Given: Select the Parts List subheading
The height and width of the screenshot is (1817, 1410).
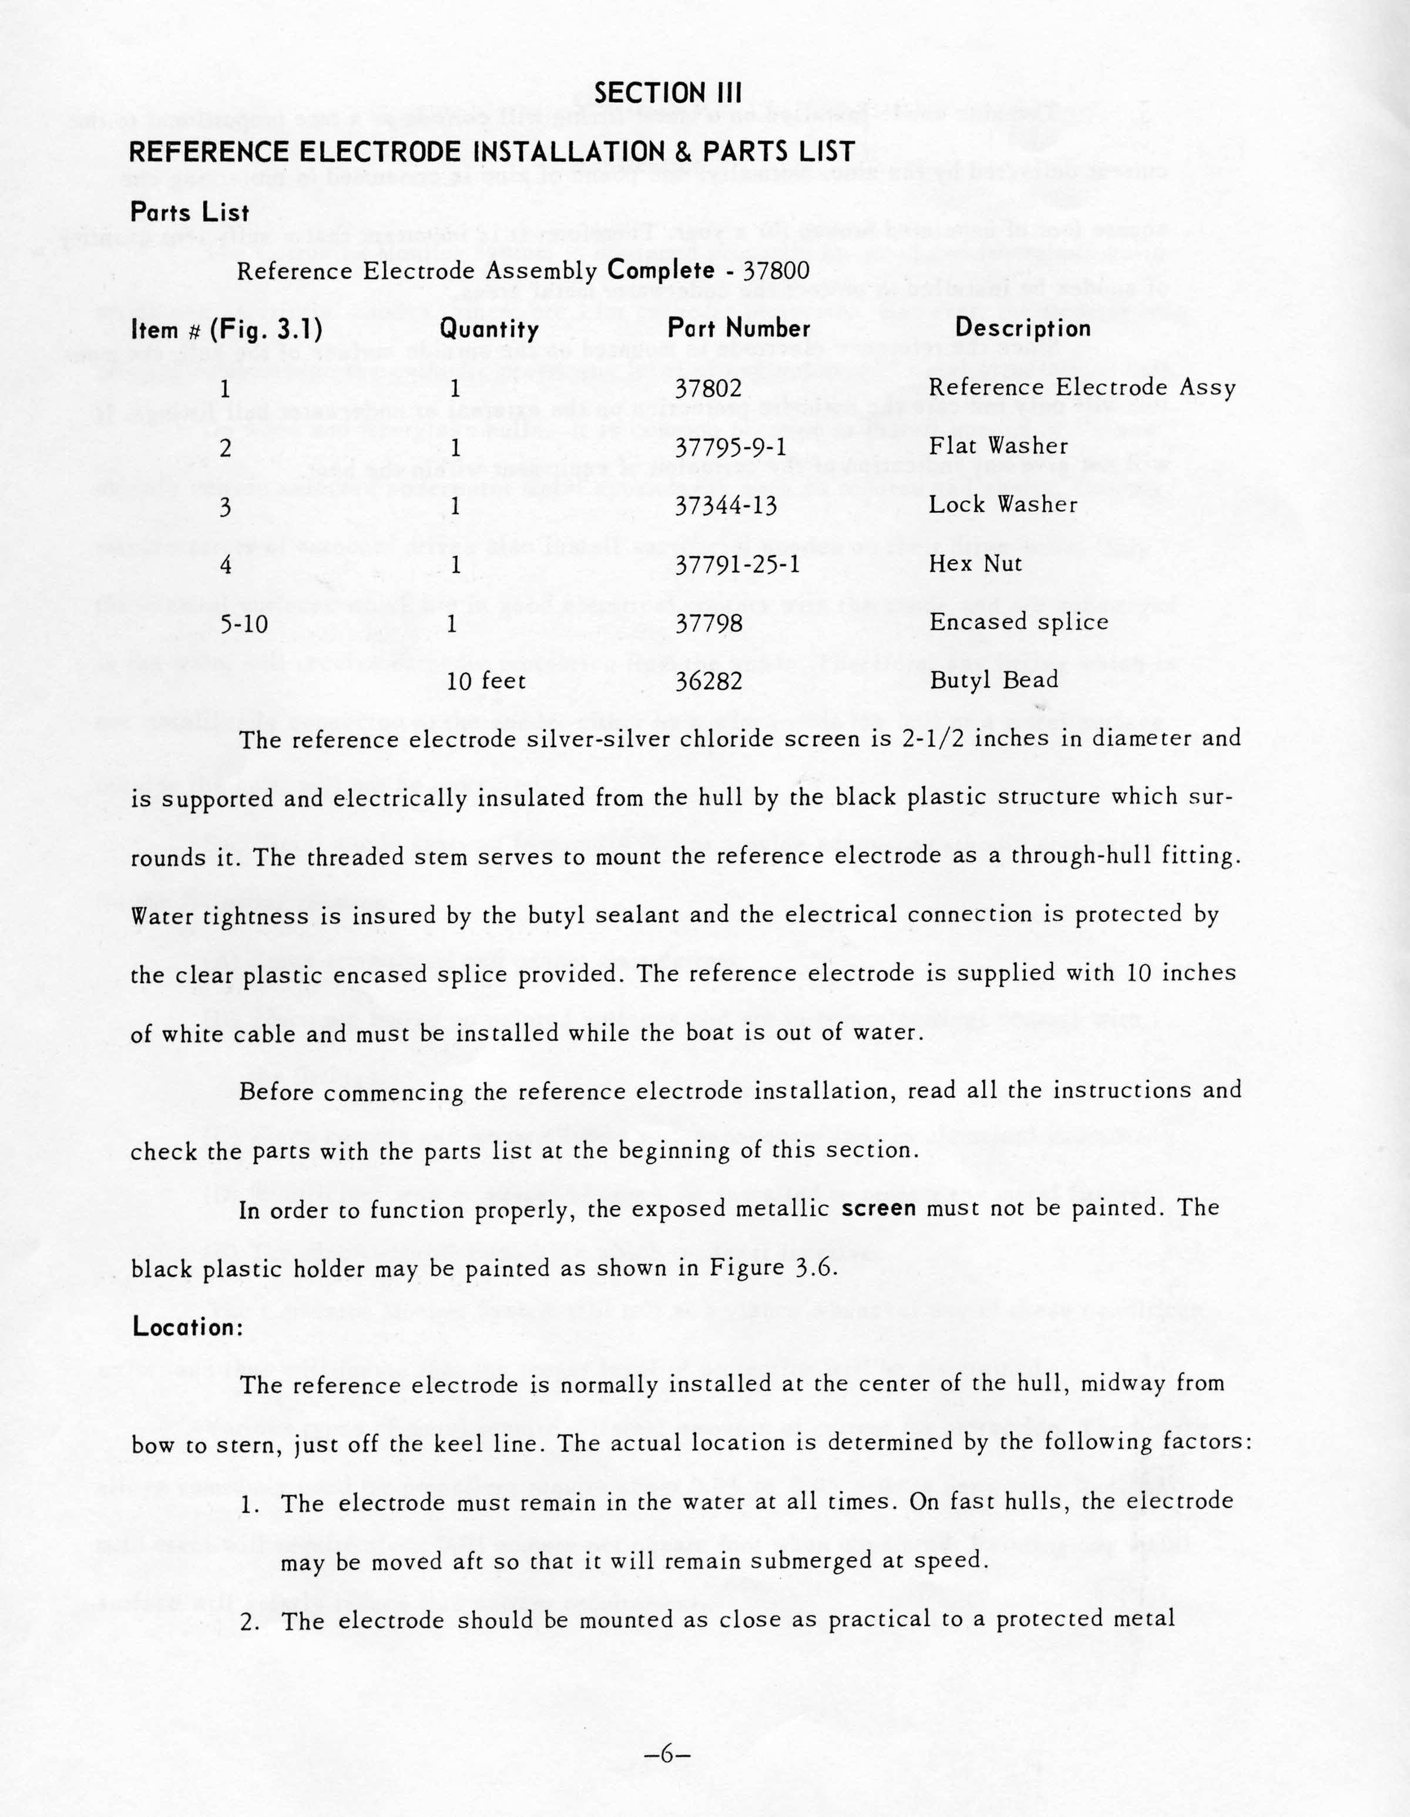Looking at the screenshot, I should (190, 212).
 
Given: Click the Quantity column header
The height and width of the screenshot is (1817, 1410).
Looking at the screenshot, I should (489, 330).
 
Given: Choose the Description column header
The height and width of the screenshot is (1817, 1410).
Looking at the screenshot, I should (1022, 328).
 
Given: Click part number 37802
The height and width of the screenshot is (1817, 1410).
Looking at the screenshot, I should (708, 388).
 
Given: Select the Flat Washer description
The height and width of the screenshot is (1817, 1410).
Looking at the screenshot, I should (998, 447).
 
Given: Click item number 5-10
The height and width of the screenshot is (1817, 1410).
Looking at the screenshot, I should (244, 623).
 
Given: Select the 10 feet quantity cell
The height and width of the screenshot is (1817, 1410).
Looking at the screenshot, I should (486, 682).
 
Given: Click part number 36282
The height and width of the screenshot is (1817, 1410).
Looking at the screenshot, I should (708, 682).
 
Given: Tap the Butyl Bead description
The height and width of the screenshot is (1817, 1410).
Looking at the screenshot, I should (994, 680).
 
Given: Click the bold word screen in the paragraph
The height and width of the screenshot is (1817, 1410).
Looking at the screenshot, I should (878, 1208).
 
